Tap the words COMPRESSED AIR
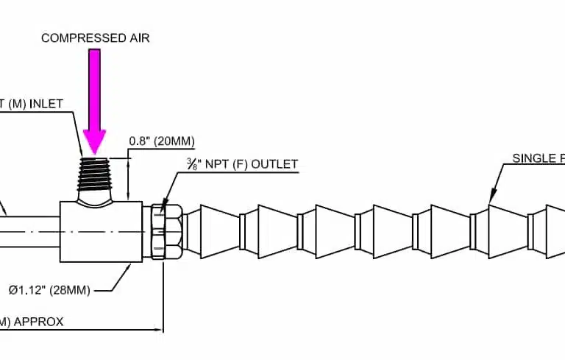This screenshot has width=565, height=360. [95, 38]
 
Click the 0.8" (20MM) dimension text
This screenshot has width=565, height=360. [161, 141]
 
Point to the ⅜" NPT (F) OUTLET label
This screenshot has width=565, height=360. [242, 163]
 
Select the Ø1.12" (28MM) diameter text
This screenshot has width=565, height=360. [49, 290]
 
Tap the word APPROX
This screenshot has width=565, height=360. [37, 322]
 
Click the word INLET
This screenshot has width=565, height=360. [46, 104]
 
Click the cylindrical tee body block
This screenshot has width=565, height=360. [102, 230]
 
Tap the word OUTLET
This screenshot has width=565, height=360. [274, 163]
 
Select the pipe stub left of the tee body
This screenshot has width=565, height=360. [29, 230]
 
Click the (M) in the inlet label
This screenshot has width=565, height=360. [15, 104]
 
